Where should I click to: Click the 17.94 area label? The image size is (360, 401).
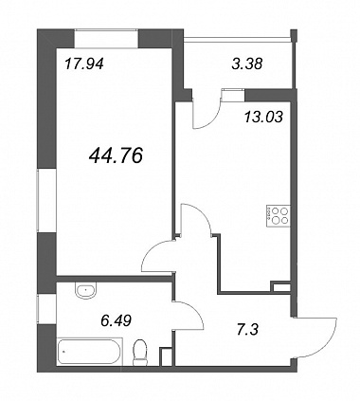click(x=84, y=64)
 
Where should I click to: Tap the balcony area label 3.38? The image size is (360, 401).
click(x=247, y=64)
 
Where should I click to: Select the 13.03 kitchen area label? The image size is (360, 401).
click(x=263, y=118)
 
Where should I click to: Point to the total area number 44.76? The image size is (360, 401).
click(x=116, y=155)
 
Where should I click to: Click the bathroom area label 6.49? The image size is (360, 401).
click(x=116, y=321)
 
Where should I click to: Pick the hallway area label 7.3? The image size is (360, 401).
click(x=248, y=330)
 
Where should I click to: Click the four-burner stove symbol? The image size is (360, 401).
click(x=279, y=216)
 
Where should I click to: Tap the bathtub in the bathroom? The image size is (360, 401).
click(x=90, y=352)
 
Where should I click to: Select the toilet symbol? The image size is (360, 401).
click(x=140, y=353)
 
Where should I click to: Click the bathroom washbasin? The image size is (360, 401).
click(x=85, y=290)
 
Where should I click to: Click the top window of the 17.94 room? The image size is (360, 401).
click(x=107, y=39)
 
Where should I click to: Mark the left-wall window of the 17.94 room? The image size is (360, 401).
click(x=46, y=201)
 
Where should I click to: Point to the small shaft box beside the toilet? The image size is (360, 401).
click(x=166, y=356)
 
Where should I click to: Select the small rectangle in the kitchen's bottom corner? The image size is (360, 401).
click(x=281, y=287)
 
